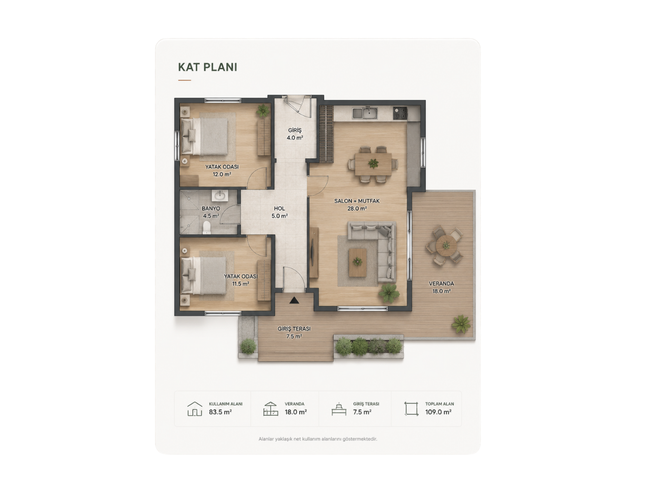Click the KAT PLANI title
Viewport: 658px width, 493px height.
(207, 67)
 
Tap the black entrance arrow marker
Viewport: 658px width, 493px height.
(294, 300)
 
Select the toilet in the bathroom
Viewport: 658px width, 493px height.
(207, 227)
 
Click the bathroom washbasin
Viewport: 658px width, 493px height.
(220, 196)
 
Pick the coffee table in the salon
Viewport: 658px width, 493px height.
(357, 262)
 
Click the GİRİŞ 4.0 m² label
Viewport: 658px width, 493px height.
(294, 134)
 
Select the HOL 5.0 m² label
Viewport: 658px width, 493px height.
(279, 212)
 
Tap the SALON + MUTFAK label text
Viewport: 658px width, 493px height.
(357, 201)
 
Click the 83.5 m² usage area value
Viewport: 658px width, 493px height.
(220, 412)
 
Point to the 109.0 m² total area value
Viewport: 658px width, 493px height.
(438, 412)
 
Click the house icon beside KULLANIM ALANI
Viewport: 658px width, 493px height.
(194, 409)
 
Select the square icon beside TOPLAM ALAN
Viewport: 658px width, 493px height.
(411, 409)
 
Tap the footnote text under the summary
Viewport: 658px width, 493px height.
(318, 439)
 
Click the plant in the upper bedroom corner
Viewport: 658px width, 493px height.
(263, 110)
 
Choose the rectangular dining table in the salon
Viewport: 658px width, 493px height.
(373, 164)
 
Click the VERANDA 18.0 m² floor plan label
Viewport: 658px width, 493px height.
(441, 287)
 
